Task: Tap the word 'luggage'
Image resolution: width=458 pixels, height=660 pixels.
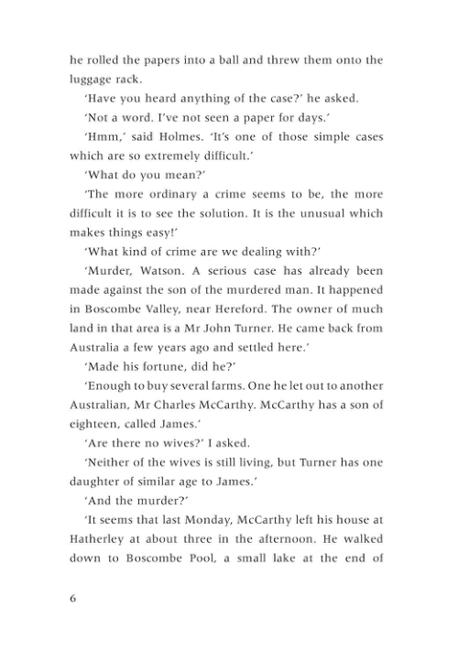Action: click(x=93, y=80)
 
